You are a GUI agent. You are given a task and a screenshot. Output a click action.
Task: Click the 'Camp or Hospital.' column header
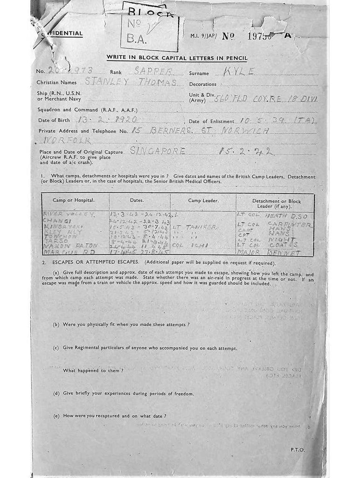pyautogui.click(x=74, y=200)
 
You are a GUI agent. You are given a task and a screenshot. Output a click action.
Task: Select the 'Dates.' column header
pyautogui.click(x=137, y=200)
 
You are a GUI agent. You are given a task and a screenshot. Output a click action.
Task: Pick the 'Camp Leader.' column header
pyautogui.click(x=203, y=200)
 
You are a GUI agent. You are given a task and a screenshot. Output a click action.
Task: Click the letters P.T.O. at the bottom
pyautogui.click(x=298, y=450)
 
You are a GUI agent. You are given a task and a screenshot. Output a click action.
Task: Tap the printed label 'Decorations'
pyautogui.click(x=202, y=84)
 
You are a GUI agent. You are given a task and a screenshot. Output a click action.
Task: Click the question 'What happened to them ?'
pyautogui.click(x=93, y=370)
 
